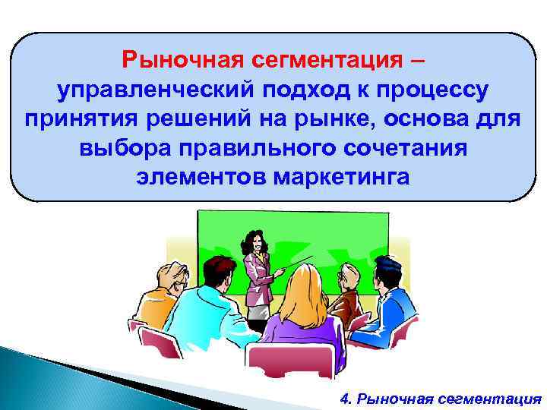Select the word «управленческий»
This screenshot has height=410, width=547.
coord(157,90)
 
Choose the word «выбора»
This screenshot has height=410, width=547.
coord(119,148)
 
